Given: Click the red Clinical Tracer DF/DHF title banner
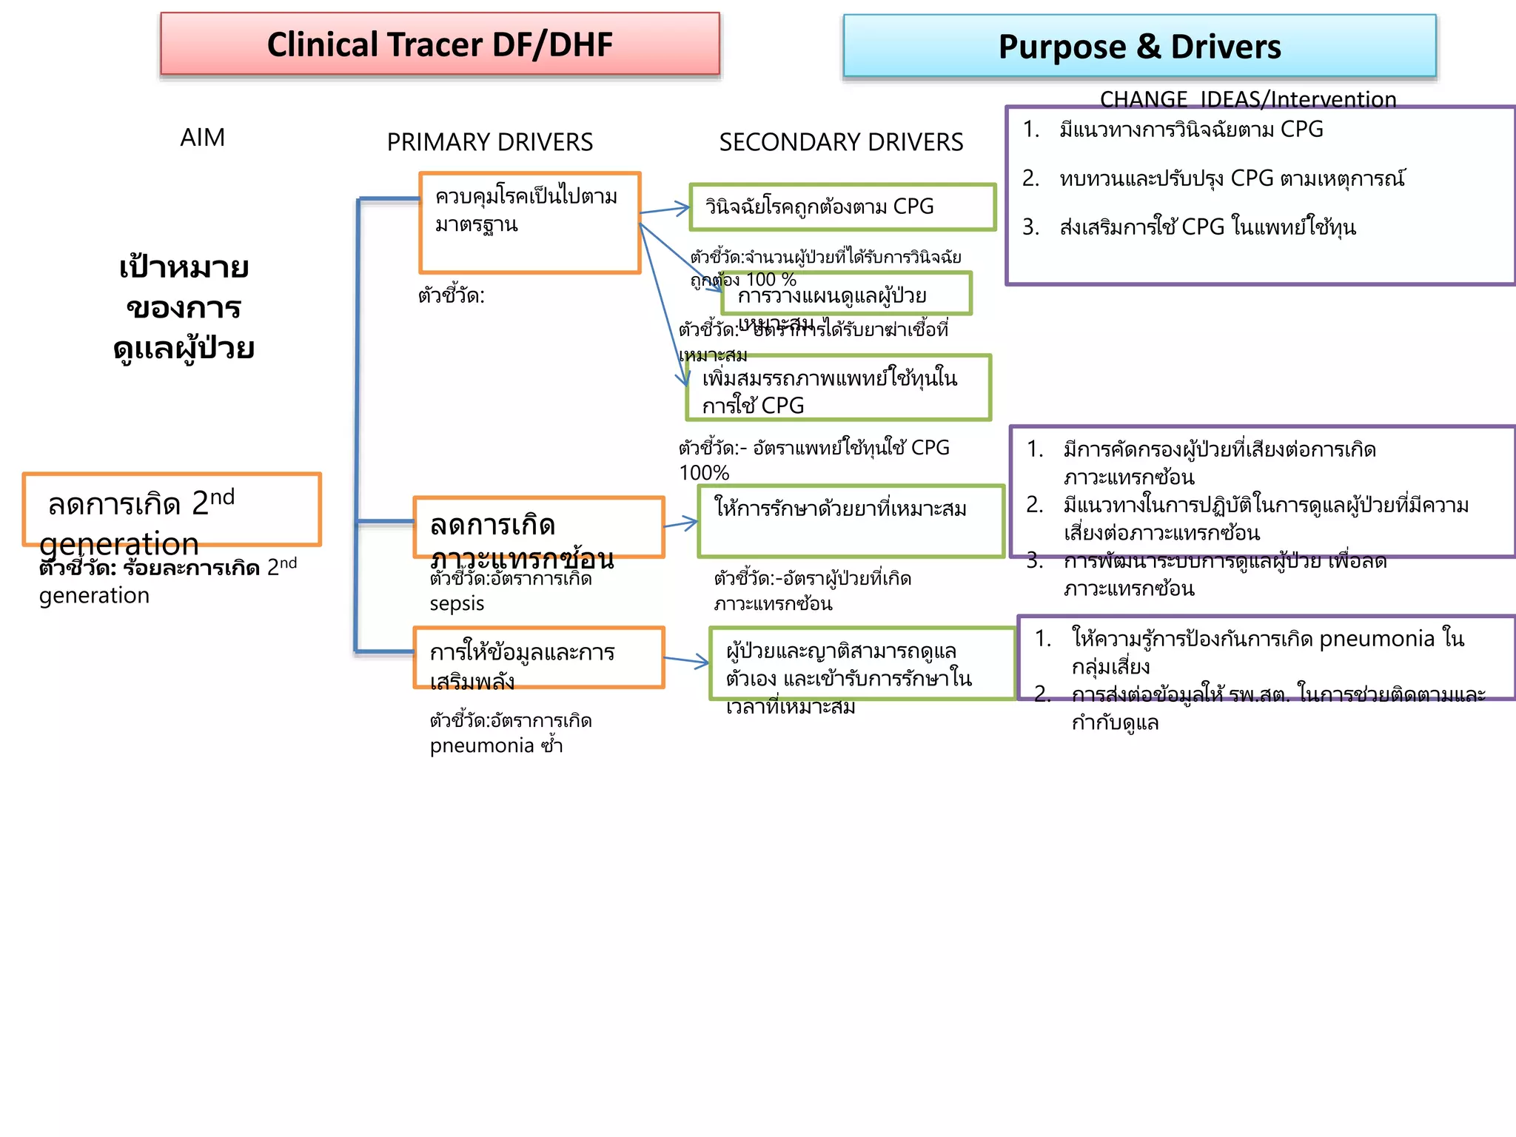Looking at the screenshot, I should pos(440,44).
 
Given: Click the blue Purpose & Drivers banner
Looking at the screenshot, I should pos(1139,47).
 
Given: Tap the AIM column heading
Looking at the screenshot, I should pos(202,138).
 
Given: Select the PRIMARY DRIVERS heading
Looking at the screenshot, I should pos(489,142).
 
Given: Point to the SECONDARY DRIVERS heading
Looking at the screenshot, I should pos(841,142).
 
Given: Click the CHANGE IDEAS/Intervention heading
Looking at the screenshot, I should pos(1247,98).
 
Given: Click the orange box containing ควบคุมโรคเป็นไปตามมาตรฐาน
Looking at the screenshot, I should pos(529,223).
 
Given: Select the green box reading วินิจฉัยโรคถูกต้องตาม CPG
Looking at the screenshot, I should pos(842,207).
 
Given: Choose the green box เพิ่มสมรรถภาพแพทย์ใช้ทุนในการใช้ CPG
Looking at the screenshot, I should pos(838,388).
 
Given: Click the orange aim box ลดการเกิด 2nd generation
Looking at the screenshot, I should pos(172,509).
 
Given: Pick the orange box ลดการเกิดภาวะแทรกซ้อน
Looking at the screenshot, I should pos(538,527).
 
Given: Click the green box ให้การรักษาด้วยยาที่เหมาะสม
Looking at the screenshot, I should pos(851,521).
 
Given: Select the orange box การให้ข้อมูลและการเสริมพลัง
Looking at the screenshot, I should pos(538,657).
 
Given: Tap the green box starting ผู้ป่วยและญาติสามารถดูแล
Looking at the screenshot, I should pos(861,663).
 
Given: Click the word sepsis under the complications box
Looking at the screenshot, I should pos(457,604).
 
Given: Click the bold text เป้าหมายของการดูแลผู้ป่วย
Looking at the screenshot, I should pos(184,307).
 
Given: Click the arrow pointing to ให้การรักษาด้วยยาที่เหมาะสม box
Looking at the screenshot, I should pos(681,524).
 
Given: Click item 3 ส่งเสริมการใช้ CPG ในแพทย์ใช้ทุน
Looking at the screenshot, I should pos(1207,227).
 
